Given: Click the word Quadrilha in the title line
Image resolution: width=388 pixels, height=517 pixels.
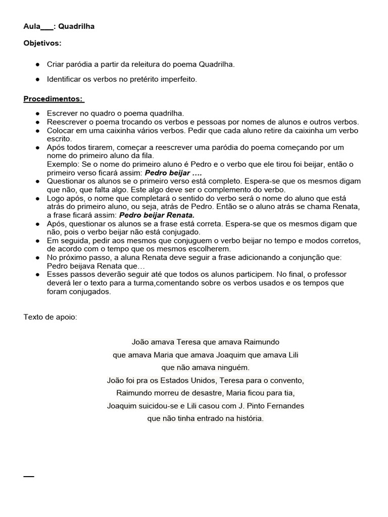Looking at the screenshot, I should tap(76, 26).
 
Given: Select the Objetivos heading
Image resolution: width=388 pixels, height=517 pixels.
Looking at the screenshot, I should tap(42, 43).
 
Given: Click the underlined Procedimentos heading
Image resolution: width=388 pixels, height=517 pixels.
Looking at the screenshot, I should tap(54, 98).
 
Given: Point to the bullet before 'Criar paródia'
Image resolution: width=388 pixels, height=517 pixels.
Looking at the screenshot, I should tap(38, 65).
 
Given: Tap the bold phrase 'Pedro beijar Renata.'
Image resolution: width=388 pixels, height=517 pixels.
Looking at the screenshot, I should tap(157, 215).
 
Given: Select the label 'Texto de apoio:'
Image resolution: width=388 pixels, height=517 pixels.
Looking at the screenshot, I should tap(51, 317).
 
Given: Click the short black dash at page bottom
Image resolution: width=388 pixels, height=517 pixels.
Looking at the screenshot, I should tap(29, 477).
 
